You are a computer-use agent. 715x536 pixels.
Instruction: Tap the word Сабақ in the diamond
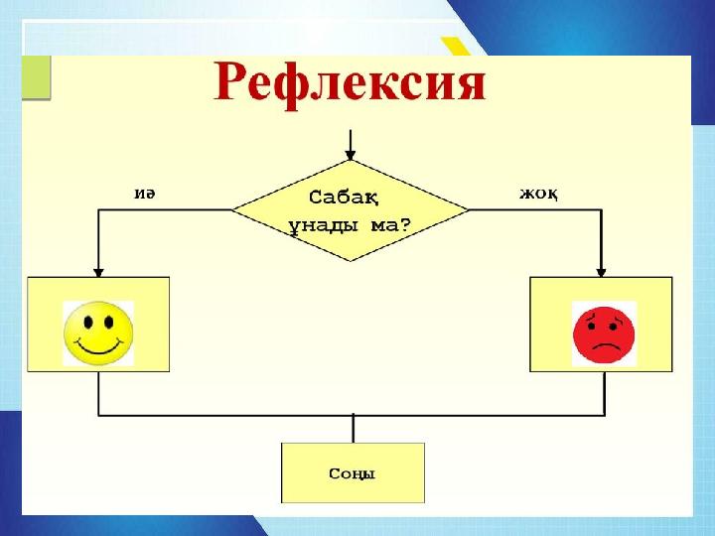click(x=344, y=198)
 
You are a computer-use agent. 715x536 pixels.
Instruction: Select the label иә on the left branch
click(x=145, y=194)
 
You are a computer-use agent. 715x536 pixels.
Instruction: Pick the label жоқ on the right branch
click(x=538, y=195)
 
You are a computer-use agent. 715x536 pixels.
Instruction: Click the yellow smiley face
click(x=98, y=334)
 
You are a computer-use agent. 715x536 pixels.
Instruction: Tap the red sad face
click(x=604, y=335)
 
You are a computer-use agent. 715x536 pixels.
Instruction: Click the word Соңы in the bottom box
click(x=352, y=474)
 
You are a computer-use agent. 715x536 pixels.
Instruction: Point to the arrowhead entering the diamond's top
click(x=351, y=155)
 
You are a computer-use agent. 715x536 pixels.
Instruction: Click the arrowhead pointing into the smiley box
click(x=98, y=272)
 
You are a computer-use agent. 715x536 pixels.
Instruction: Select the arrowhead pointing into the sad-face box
click(x=601, y=272)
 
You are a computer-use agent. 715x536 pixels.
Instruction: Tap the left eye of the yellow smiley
click(x=88, y=323)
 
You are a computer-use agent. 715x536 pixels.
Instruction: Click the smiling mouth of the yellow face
click(x=99, y=347)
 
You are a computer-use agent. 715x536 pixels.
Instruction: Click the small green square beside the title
click(x=36, y=76)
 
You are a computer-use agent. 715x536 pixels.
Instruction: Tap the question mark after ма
click(x=404, y=224)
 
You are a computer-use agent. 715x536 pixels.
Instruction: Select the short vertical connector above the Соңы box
click(x=353, y=429)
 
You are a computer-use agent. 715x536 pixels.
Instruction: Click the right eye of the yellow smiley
click(x=109, y=323)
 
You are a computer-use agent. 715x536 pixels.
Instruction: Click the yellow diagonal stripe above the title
click(x=456, y=47)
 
